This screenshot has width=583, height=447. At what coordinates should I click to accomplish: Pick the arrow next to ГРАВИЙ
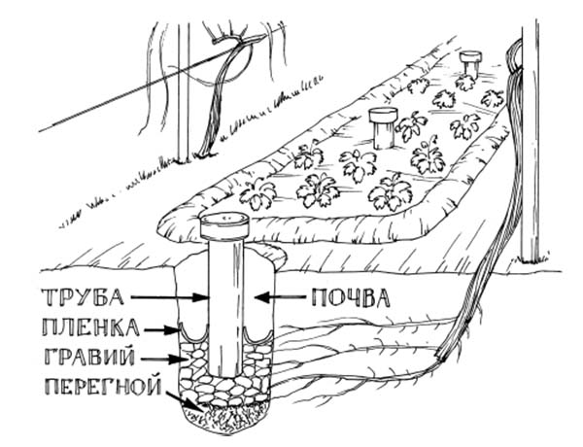point(175,359)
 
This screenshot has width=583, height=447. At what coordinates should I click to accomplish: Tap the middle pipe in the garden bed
point(383,127)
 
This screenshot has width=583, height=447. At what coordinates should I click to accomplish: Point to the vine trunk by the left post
point(216,107)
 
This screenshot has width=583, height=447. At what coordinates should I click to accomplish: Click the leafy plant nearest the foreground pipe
point(258,193)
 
